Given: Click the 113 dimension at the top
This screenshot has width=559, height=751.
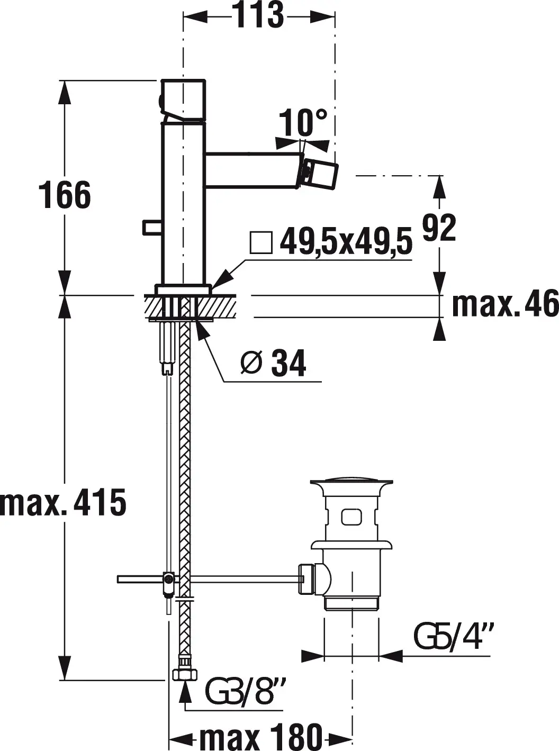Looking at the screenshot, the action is [x=259, y=15].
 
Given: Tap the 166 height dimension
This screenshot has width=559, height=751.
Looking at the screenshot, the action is [x=65, y=195].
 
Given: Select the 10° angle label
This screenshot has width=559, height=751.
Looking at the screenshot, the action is [x=303, y=122].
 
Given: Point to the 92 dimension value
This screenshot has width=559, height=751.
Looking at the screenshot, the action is [x=439, y=228].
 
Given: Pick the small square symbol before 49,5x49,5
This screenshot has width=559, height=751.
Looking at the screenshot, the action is [x=261, y=242].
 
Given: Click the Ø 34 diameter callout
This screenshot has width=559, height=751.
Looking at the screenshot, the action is [x=273, y=363].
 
